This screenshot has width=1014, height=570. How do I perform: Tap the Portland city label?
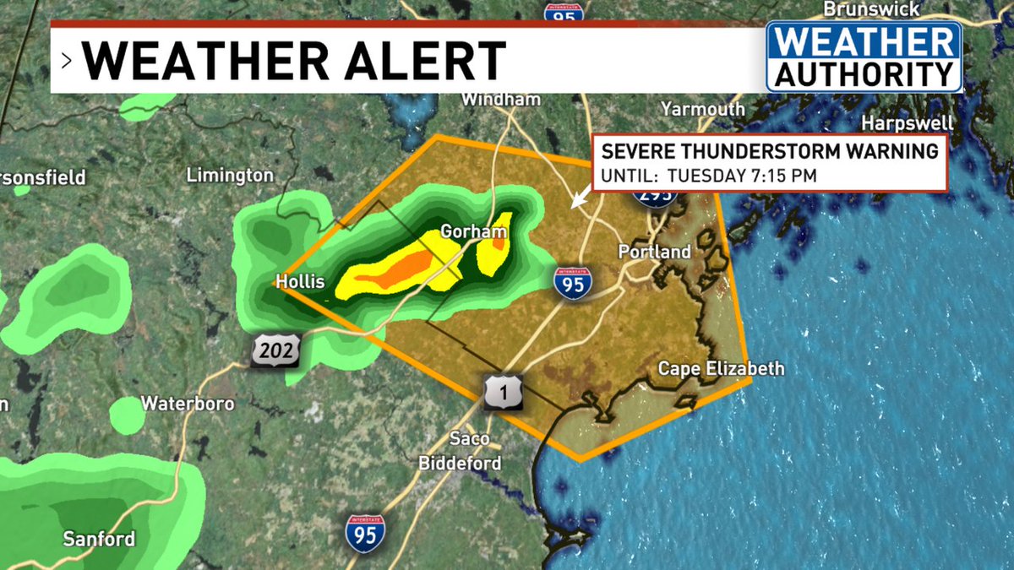(654, 252)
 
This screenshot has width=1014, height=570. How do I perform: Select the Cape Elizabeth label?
(721, 368)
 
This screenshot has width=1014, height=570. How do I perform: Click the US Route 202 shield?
(275, 350)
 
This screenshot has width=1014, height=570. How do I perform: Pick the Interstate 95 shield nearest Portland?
(573, 282)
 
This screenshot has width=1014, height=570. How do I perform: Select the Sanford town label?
(99, 539)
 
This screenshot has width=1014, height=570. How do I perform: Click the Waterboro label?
(188, 403)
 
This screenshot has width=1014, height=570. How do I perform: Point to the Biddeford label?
(460, 463)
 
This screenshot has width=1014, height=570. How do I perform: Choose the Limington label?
(230, 176)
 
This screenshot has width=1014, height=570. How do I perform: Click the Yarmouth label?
(702, 109)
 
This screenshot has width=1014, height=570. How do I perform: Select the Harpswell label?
(908, 123)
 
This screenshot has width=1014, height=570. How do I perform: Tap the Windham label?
(500, 100)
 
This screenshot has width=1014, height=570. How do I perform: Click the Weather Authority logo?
(864, 57)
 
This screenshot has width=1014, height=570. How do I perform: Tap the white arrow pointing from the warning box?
(580, 198)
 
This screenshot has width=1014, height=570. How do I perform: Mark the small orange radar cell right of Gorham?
(498, 243)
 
